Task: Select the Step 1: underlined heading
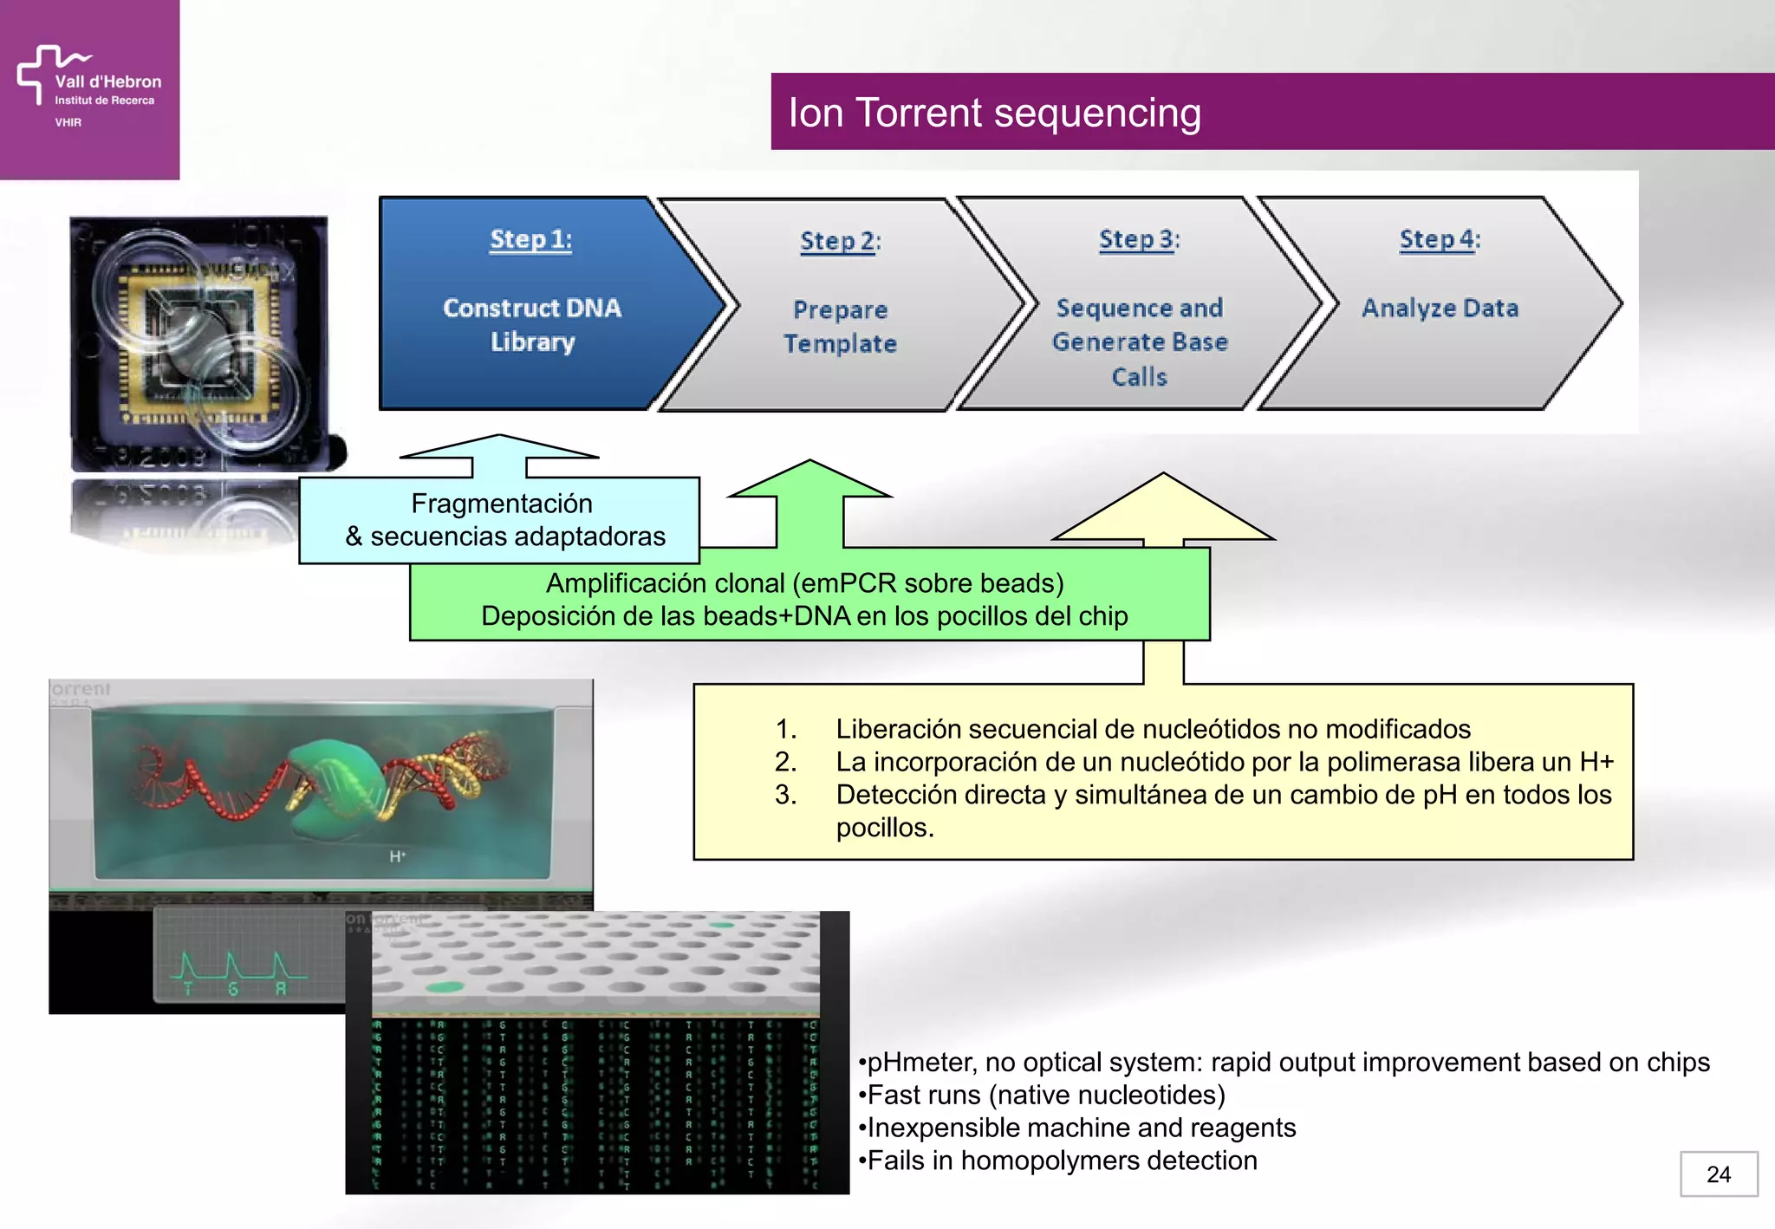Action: pyautogui.click(x=530, y=239)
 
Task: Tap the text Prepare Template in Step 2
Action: pyautogui.click(x=840, y=327)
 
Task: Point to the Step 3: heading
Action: pyautogui.click(x=1139, y=239)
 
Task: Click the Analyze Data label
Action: pyautogui.click(x=1440, y=308)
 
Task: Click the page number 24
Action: pyautogui.click(x=1718, y=1174)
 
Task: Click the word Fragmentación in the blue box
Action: pyautogui.click(x=501, y=504)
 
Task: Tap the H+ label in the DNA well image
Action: pyautogui.click(x=397, y=856)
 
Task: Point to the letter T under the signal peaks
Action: pyautogui.click(x=187, y=989)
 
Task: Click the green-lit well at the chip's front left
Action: pyautogui.click(x=445, y=986)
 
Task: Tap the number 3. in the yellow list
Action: pyautogui.click(x=785, y=795)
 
